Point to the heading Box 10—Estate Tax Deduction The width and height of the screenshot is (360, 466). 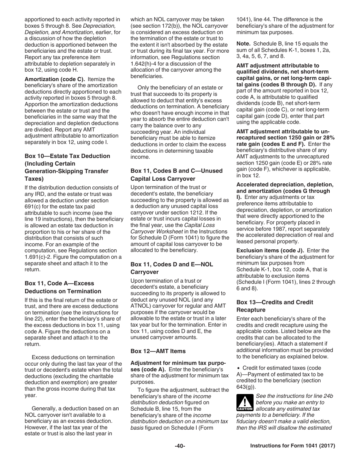click(67, 156)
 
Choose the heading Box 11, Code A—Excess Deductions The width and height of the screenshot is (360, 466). click(59, 287)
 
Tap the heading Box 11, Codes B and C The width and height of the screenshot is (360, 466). click(177, 175)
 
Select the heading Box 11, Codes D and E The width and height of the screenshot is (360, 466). click(172, 268)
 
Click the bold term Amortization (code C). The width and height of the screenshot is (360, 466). click(55, 79)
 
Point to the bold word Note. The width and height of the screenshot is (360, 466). click(243, 44)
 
